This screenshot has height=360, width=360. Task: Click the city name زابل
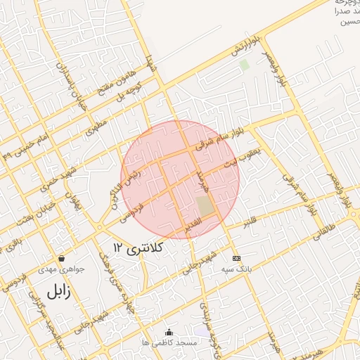59,290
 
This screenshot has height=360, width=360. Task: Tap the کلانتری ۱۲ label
138,247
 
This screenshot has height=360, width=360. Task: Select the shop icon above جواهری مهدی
62,258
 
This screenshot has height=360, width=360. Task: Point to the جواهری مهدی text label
62,269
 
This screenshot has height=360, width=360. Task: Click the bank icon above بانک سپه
236,257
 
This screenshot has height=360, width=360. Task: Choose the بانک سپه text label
236,269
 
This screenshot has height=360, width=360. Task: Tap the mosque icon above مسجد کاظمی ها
168,332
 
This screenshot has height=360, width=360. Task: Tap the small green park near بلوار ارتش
244,65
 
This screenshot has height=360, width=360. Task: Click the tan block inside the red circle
205,207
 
